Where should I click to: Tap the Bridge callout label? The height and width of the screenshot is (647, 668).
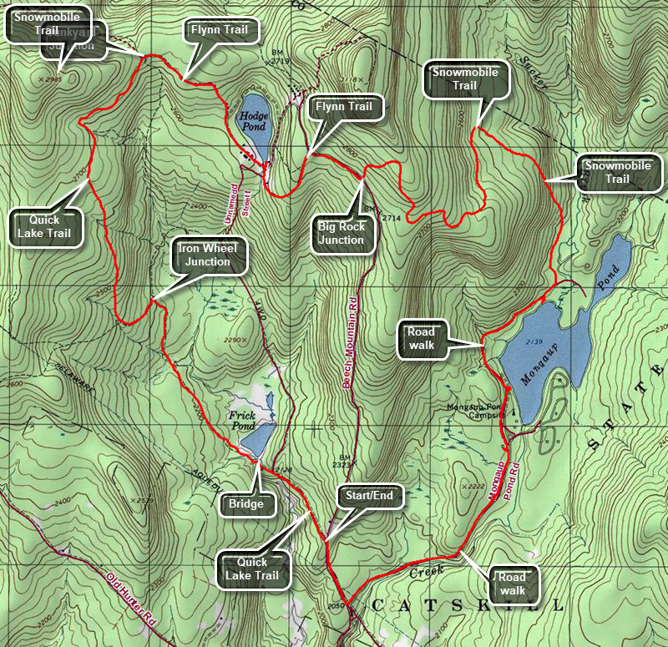[x=246, y=503]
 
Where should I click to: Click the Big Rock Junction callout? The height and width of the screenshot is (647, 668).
[x=341, y=233]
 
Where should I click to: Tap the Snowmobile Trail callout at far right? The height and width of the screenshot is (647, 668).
[x=617, y=173]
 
